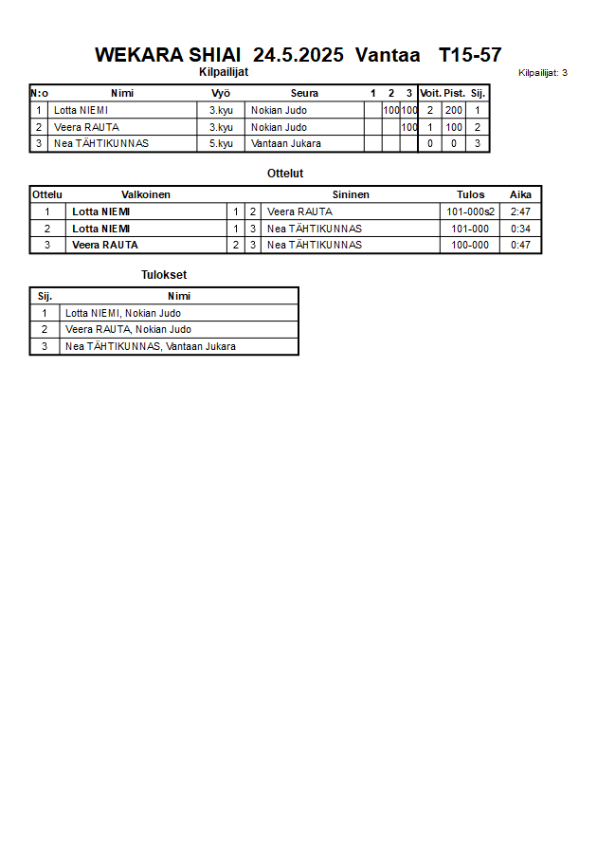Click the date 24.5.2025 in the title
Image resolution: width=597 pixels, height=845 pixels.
click(298, 55)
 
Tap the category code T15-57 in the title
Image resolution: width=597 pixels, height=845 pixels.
click(470, 55)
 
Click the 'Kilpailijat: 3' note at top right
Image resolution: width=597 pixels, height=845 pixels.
click(543, 72)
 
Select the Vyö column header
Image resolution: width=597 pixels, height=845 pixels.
click(221, 93)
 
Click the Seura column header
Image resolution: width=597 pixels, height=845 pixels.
click(304, 93)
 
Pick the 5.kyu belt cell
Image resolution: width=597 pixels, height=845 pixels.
click(221, 144)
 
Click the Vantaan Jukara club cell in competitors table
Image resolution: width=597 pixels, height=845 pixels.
click(285, 144)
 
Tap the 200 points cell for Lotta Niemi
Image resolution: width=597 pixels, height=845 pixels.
click(454, 110)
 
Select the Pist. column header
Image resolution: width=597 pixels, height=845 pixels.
click(454, 93)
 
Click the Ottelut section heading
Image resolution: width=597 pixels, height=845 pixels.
click(285, 174)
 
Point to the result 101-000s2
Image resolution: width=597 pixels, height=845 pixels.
click(471, 211)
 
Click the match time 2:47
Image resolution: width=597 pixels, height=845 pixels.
click(520, 211)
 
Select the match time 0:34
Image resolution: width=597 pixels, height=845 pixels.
click(520, 229)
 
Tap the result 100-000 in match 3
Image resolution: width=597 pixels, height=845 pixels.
click(470, 245)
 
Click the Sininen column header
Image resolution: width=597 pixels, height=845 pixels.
click(351, 194)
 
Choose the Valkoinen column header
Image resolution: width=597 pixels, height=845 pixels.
click(146, 194)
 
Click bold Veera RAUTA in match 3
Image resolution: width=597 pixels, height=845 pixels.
click(105, 245)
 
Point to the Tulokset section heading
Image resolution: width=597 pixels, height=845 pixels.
click(164, 275)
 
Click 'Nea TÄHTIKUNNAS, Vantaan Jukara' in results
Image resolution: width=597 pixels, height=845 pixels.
click(151, 346)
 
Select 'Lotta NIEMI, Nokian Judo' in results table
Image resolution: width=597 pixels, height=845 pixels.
click(123, 313)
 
